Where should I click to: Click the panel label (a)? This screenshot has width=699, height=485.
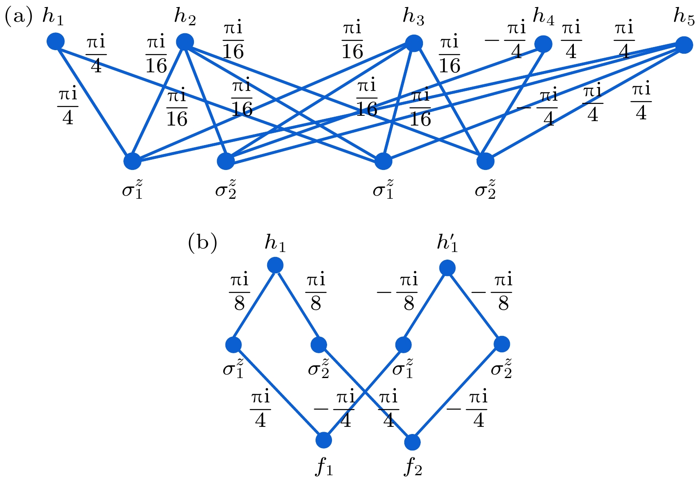click(x=19, y=17)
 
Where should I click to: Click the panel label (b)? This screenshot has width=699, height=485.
click(x=202, y=243)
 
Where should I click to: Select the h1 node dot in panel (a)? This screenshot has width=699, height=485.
click(x=55, y=41)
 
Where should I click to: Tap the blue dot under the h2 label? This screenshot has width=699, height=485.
click(x=185, y=42)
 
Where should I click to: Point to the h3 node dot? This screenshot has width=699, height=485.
click(x=414, y=43)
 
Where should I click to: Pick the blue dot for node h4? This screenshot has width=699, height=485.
click(x=543, y=44)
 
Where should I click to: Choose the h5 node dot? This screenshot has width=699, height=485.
click(x=684, y=45)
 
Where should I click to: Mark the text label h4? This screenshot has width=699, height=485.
click(x=543, y=17)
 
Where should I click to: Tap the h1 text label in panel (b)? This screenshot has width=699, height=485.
click(x=275, y=243)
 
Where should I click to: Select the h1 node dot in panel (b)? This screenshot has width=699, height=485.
click(x=275, y=265)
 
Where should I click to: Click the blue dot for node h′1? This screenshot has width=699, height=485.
click(x=447, y=268)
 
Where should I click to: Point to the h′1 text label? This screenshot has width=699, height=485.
click(x=447, y=243)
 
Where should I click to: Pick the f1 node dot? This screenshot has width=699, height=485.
click(x=324, y=440)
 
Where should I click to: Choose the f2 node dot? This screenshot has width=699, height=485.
click(x=413, y=442)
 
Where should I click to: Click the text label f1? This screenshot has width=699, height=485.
click(x=324, y=469)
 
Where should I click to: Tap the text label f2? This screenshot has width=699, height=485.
click(x=413, y=469)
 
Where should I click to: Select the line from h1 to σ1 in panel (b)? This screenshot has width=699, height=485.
click(x=254, y=305)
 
